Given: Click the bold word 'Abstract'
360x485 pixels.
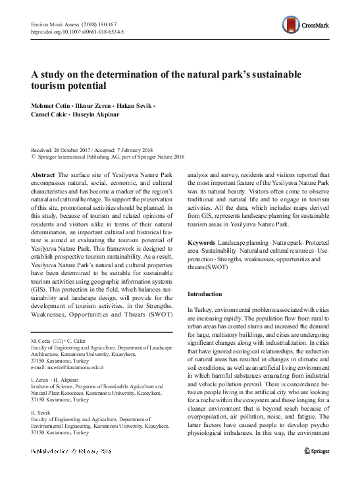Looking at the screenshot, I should click(43, 174).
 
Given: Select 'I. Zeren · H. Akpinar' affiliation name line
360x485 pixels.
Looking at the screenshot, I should click(57, 378).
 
